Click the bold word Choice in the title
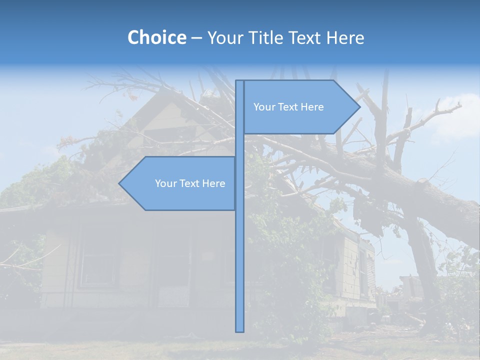click(156, 37)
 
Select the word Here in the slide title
click(345, 37)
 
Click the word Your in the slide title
click(224, 37)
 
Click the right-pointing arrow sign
click(300, 107)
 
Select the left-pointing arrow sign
click(180, 183)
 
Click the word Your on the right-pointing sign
click(263, 107)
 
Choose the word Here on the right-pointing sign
click(312, 107)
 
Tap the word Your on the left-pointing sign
click(165, 183)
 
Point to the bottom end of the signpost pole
click(239, 330)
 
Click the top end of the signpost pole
click(239, 82)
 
